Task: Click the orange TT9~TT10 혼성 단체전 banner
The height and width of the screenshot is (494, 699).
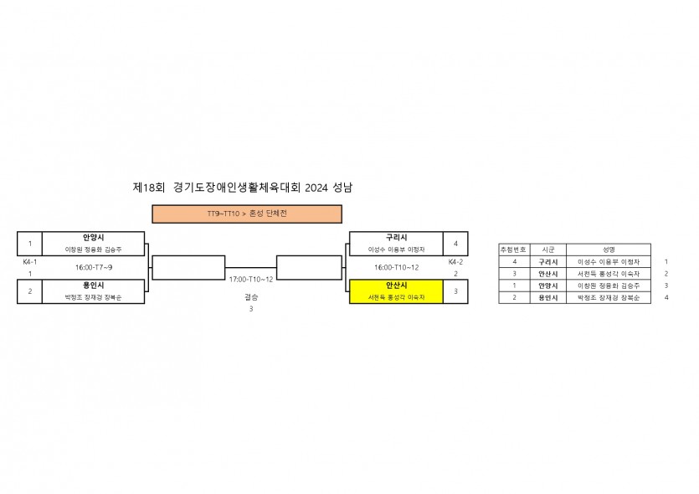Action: click(x=246, y=214)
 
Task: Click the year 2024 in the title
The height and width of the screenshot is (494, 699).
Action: click(x=317, y=188)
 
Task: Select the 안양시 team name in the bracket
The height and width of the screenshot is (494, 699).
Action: click(x=93, y=238)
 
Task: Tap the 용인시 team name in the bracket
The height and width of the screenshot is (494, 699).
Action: click(x=93, y=286)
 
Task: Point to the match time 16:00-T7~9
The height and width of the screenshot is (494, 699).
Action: click(x=94, y=267)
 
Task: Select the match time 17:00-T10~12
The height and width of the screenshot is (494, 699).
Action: click(x=251, y=278)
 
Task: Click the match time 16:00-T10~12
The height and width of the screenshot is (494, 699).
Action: click(x=397, y=267)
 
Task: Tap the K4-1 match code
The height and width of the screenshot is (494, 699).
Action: click(x=29, y=262)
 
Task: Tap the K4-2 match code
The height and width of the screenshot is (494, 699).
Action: click(x=455, y=262)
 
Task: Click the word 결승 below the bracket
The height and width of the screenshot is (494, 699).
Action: click(x=251, y=296)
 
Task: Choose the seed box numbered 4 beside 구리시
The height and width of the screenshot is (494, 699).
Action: click(x=455, y=244)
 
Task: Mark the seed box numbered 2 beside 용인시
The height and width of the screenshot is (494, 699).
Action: click(x=29, y=291)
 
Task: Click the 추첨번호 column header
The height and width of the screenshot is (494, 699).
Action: click(x=513, y=250)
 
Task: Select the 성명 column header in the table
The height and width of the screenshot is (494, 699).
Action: click(x=609, y=250)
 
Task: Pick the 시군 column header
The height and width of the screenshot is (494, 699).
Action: click(x=547, y=250)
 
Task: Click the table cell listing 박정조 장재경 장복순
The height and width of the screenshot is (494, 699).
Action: click(x=609, y=298)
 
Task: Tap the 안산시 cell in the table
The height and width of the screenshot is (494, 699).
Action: click(x=547, y=274)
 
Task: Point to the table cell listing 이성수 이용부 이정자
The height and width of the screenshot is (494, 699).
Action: click(x=609, y=262)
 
